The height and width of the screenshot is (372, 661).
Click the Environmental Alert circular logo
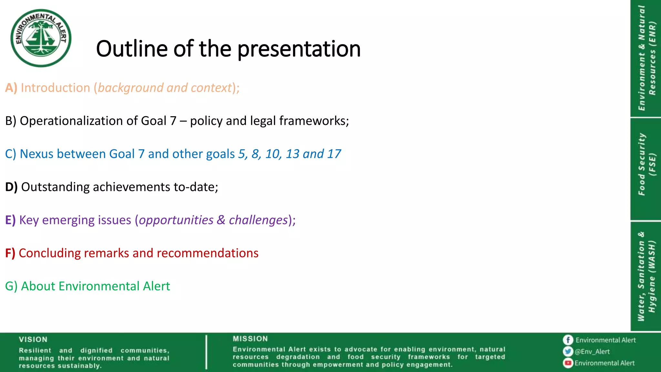point(41,38)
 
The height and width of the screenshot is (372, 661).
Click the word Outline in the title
point(132,49)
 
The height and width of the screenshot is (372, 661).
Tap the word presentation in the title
point(299,49)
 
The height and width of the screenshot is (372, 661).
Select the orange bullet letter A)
point(11,88)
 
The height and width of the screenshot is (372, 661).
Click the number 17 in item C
point(334,154)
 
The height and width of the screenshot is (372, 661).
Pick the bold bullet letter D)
point(11,187)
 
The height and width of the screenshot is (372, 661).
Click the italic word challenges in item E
point(258,220)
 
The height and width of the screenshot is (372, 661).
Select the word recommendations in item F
point(208,253)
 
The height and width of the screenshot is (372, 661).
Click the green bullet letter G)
point(11,286)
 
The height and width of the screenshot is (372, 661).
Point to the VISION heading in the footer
point(33,339)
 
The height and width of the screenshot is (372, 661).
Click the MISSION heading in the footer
point(250,339)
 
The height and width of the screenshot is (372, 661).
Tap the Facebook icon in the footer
point(568,340)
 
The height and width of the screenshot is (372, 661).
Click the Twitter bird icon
point(568,351)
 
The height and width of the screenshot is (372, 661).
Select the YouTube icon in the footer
point(568,363)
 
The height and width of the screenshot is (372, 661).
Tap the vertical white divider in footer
point(206,352)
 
